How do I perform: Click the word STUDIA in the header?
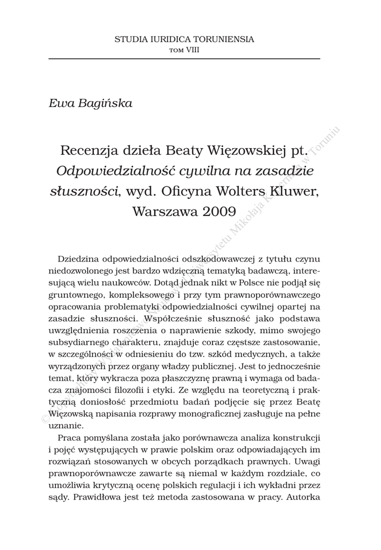click(128, 39)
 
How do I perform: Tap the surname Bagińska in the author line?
click(105, 103)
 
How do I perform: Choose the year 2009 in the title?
click(219, 212)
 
